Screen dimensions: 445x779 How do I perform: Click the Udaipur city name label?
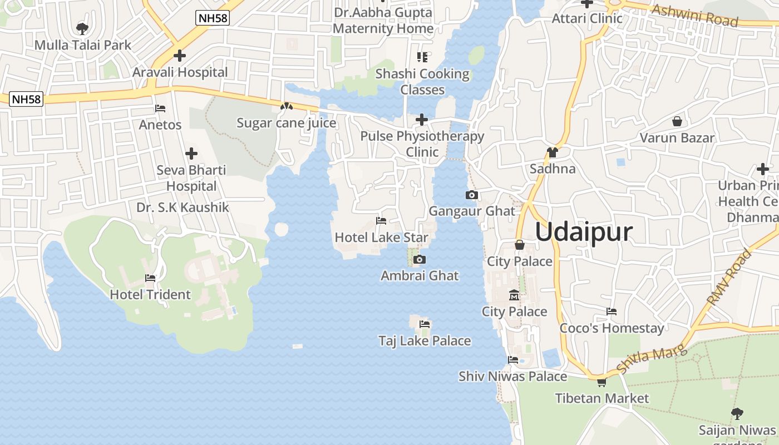pyautogui.click(x=584, y=232)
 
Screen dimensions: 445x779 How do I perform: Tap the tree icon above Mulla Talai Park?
pyautogui.click(x=82, y=28)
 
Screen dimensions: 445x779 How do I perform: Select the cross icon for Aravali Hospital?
pyautogui.click(x=179, y=56)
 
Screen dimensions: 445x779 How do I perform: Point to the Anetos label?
pyautogui.click(x=160, y=125)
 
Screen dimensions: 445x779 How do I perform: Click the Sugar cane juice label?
pyautogui.click(x=287, y=123)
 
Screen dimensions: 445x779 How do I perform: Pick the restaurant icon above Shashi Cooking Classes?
pyautogui.click(x=422, y=57)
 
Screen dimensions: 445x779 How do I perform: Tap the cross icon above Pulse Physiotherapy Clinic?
pyautogui.click(x=422, y=119)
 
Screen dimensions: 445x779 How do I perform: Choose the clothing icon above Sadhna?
pyautogui.click(x=552, y=152)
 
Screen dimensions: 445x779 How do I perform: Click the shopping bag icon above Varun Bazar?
pyautogui.click(x=677, y=121)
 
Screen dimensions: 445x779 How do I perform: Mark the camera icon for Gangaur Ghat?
pyautogui.click(x=472, y=195)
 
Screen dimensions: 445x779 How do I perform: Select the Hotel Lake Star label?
pyautogui.click(x=382, y=238)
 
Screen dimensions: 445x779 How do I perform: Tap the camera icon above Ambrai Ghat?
pyautogui.click(x=420, y=259)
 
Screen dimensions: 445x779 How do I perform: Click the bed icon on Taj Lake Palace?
pyautogui.click(x=425, y=324)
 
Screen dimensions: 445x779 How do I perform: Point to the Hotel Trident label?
pyautogui.click(x=150, y=294)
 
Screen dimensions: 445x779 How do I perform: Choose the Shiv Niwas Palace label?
pyautogui.click(x=512, y=377)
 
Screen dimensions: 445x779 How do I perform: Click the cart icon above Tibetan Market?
pyautogui.click(x=601, y=382)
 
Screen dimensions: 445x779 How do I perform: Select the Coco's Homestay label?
pyautogui.click(x=612, y=328)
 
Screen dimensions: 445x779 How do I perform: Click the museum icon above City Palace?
pyautogui.click(x=514, y=295)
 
